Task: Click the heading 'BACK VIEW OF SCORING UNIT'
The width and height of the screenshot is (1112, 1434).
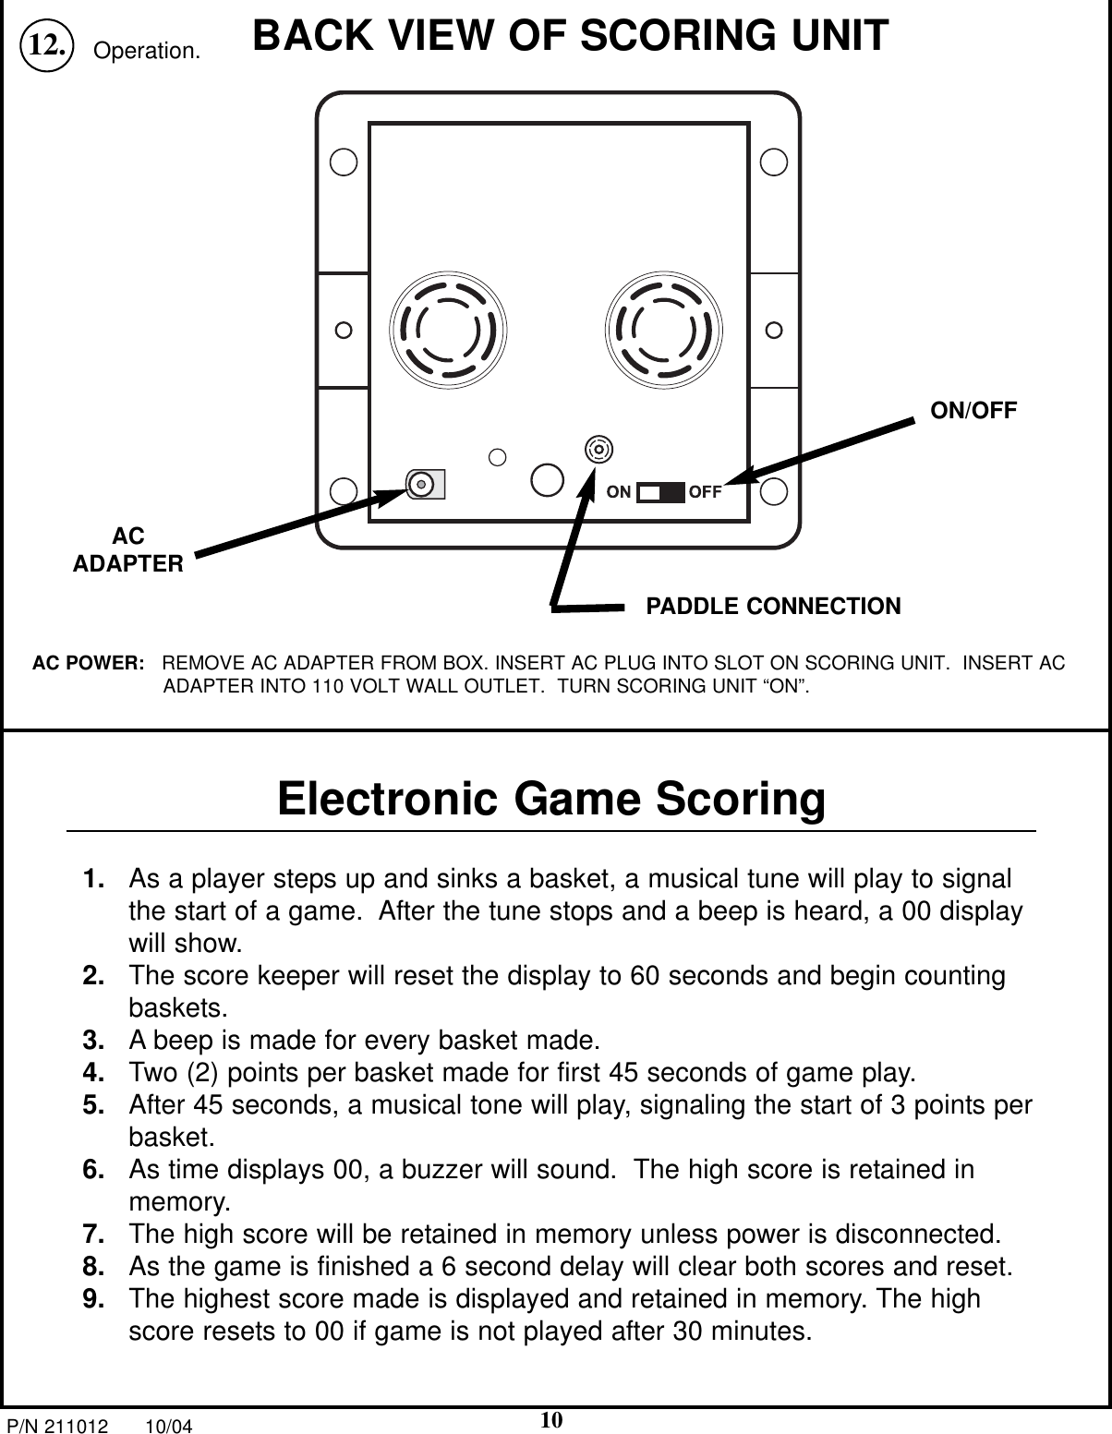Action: [571, 37]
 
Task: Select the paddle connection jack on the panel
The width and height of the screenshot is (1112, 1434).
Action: [599, 449]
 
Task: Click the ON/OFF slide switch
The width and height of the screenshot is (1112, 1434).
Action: [660, 492]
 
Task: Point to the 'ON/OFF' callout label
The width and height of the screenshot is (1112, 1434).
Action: [973, 411]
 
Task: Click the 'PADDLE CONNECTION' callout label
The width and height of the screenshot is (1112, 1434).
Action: [773, 607]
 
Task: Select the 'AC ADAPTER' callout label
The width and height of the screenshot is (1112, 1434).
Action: [128, 550]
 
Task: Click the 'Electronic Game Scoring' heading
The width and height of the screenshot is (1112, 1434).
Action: [551, 800]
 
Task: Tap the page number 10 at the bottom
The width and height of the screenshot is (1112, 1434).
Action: [552, 1419]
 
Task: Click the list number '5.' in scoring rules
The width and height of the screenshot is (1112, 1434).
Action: [92, 1105]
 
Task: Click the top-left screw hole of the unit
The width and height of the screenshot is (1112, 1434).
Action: [344, 161]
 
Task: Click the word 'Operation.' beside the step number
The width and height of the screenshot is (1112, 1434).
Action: [148, 52]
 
